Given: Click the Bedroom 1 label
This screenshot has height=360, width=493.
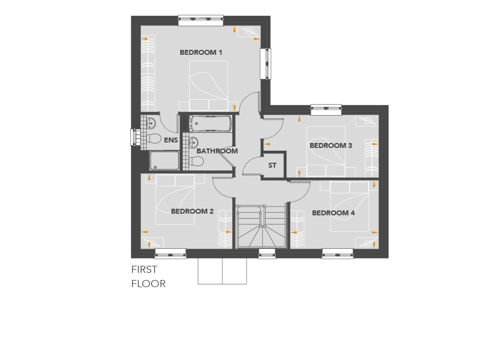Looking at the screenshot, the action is (x=201, y=53).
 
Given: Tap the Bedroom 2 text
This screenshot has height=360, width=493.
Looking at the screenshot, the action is (x=192, y=212).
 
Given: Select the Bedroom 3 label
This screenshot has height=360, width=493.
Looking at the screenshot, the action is (x=331, y=146).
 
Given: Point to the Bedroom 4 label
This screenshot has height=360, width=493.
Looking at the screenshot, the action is (x=333, y=213).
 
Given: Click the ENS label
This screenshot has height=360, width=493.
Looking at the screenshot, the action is (x=171, y=140).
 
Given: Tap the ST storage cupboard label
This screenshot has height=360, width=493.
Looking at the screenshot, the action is (x=272, y=165).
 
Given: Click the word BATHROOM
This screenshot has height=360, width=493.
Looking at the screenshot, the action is (x=217, y=151).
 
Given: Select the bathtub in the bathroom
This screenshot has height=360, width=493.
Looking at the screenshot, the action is (x=210, y=124).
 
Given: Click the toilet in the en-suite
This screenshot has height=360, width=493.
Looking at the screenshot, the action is (x=154, y=138).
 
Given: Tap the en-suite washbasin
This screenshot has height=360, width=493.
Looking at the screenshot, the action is (x=151, y=123).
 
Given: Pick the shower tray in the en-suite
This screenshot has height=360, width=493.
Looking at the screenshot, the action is (x=164, y=161).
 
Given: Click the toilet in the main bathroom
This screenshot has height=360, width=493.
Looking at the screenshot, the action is (x=196, y=162).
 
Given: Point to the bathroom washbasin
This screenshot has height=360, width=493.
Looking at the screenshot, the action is (x=193, y=142).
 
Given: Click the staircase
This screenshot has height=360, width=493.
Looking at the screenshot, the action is (x=261, y=226).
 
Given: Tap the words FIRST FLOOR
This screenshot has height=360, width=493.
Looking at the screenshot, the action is (x=148, y=277).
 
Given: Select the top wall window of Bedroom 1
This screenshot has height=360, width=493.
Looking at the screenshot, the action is (x=200, y=21).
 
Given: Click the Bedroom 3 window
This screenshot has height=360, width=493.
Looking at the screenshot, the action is (x=326, y=110).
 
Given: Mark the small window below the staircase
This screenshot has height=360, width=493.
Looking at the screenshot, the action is (x=267, y=253).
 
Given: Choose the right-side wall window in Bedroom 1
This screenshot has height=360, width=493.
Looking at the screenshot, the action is (x=266, y=64).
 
